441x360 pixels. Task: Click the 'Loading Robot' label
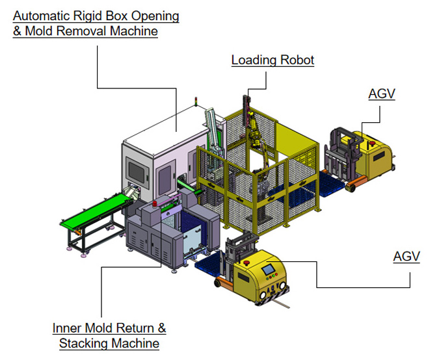[x=273, y=60]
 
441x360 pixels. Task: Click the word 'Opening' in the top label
[x=155, y=16]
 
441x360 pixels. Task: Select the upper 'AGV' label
[x=382, y=94]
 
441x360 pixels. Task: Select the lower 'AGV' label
[x=407, y=256]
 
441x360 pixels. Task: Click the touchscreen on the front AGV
[x=268, y=269]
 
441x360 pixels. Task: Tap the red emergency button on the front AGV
[x=247, y=263]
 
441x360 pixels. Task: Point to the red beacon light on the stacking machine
[x=155, y=203]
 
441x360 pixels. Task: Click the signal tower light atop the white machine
[x=196, y=101]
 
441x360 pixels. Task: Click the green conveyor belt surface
[x=95, y=209]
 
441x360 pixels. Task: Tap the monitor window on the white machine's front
[x=137, y=172]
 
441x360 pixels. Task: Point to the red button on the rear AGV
[x=372, y=144]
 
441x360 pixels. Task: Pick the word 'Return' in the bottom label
[x=135, y=328]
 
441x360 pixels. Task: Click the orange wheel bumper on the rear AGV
[x=356, y=182]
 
